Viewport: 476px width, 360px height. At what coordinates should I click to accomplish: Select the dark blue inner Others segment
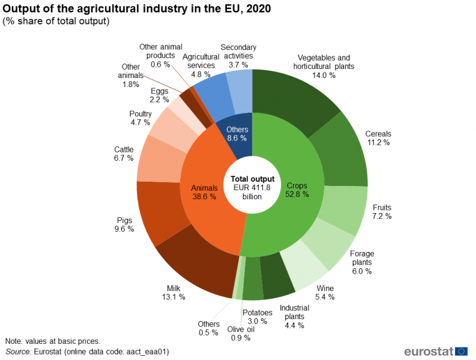236,135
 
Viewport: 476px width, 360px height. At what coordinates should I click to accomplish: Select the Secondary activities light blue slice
242,90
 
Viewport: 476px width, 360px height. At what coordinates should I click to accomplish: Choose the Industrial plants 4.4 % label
292,316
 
